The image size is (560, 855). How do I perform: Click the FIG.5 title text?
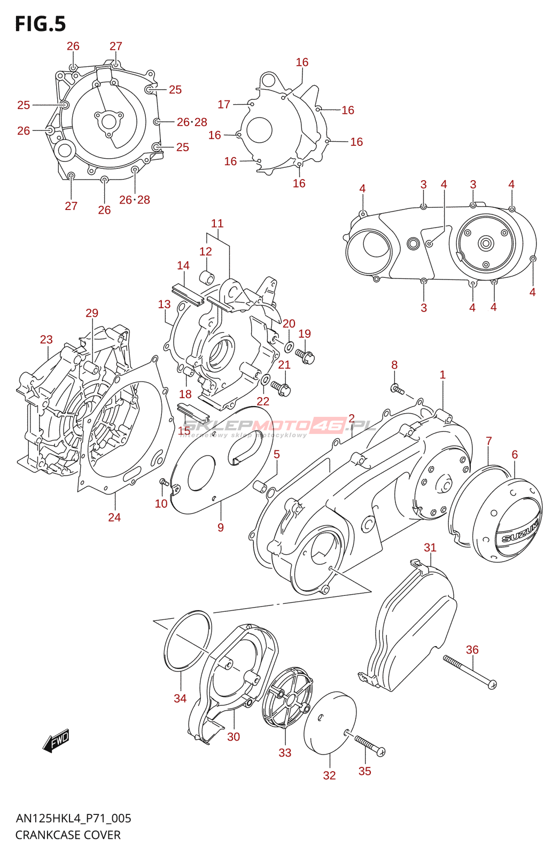click(41, 24)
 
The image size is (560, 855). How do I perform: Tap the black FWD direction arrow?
click(56, 741)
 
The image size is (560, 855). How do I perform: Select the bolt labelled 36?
click(469, 672)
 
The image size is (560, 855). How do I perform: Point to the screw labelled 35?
click(369, 744)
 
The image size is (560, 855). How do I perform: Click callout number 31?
click(430, 547)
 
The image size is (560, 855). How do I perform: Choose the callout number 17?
click(224, 104)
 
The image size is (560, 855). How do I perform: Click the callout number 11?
click(217, 223)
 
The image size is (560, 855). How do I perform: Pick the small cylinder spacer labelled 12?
click(207, 278)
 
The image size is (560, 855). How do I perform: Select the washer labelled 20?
click(289, 347)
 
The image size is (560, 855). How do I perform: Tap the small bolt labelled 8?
click(397, 390)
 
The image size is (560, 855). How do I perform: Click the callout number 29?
click(92, 313)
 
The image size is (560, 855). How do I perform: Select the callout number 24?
click(114, 517)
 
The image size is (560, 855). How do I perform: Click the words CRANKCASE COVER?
click(68, 835)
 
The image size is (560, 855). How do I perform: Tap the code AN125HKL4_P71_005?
click(73, 818)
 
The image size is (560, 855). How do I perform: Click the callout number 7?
click(488, 441)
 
